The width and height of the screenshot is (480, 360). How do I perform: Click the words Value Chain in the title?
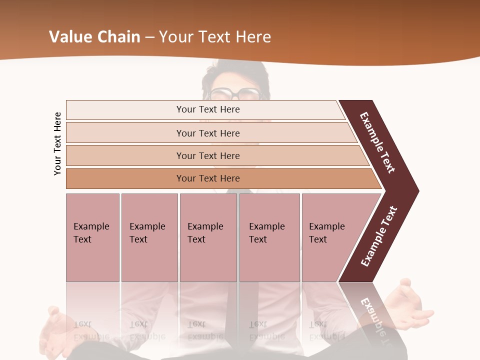click(x=94, y=37)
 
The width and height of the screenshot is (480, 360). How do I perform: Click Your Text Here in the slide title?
click(x=214, y=37)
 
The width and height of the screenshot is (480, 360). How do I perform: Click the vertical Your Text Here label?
click(x=57, y=143)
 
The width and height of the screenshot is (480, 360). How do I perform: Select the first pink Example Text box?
click(x=92, y=237)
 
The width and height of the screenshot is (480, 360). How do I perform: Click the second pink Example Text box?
click(x=149, y=237)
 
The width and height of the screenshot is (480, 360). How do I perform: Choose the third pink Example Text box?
click(x=208, y=237)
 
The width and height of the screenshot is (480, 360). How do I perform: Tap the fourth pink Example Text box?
click(x=269, y=237)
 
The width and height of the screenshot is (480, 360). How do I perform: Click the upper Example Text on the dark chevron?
click(x=377, y=142)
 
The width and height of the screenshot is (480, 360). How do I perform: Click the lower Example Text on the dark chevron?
click(x=379, y=236)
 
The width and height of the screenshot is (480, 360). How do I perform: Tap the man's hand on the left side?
click(x=55, y=330)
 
